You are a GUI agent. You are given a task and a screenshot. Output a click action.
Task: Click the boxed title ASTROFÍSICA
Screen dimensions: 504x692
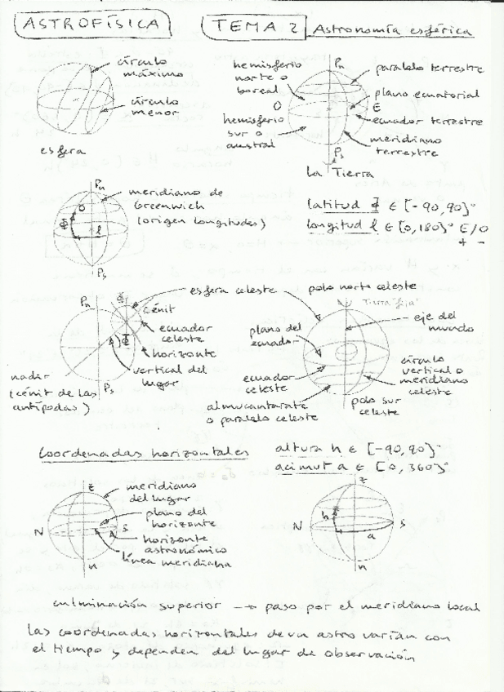click(x=91, y=25)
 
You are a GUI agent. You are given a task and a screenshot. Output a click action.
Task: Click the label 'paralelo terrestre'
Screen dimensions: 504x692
click(x=429, y=69)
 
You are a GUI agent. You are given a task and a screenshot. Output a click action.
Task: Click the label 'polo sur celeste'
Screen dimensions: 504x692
click(x=375, y=406)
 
